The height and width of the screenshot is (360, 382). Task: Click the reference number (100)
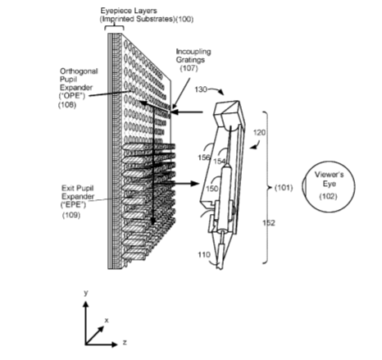pyautogui.click(x=184, y=19)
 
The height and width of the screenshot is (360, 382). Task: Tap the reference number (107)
pyautogui.click(x=189, y=68)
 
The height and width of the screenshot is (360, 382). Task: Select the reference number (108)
pyautogui.click(x=67, y=105)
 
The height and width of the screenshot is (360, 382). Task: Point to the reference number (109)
pyautogui.click(x=71, y=215)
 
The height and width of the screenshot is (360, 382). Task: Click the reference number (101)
pyautogui.click(x=284, y=188)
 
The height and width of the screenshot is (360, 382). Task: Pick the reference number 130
pyautogui.click(x=201, y=89)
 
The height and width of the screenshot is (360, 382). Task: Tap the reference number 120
pyautogui.click(x=259, y=133)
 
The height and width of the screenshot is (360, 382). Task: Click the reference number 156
pyautogui.click(x=204, y=157)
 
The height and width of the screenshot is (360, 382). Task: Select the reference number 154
pyautogui.click(x=220, y=162)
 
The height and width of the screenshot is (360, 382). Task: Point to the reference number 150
pyautogui.click(x=211, y=189)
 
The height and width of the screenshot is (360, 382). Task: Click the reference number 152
pyautogui.click(x=269, y=223)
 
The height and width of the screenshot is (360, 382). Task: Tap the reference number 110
pyautogui.click(x=204, y=255)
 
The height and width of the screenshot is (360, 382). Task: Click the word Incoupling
pyautogui.click(x=193, y=52)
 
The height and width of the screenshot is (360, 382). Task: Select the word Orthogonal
pyautogui.click(x=79, y=71)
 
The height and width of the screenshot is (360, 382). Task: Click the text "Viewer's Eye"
pyautogui.click(x=330, y=179)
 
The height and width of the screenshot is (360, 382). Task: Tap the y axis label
pyautogui.click(x=86, y=293)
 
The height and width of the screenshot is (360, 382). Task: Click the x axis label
pyautogui.click(x=107, y=321)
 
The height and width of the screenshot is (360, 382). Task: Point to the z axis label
pyautogui.click(x=125, y=342)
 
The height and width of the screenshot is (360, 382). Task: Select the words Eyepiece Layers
pyautogui.click(x=129, y=11)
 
